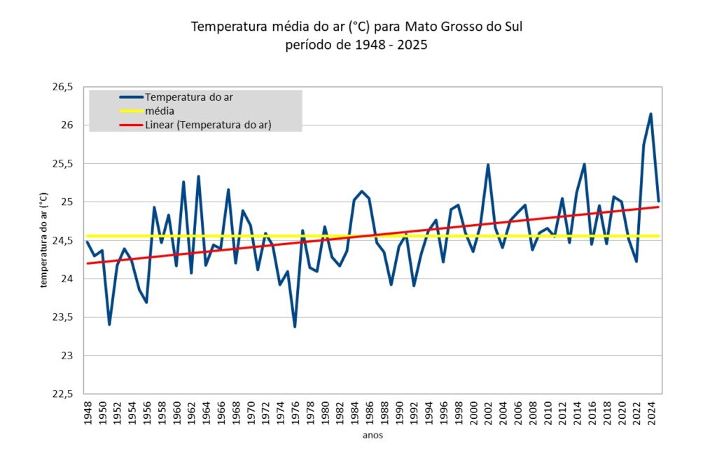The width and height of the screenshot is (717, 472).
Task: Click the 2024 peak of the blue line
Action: click(650, 114)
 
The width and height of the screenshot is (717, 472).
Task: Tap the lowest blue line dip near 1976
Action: click(295, 326)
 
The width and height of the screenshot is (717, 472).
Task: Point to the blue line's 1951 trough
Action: click(109, 324)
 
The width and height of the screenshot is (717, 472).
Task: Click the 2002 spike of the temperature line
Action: click(488, 165)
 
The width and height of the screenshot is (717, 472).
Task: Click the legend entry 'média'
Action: click(160, 111)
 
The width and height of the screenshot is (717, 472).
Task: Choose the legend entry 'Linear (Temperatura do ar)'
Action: click(208, 125)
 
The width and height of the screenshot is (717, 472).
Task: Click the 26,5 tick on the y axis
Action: click(62, 87)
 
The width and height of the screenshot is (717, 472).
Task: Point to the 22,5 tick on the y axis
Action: click(62, 394)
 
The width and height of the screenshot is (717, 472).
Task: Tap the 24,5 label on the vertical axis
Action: click(62, 240)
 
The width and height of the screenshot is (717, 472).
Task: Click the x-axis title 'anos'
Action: click(372, 436)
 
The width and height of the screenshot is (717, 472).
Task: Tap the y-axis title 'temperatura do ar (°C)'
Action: click(43, 240)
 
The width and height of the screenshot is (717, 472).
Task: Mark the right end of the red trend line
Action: click(658, 207)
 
